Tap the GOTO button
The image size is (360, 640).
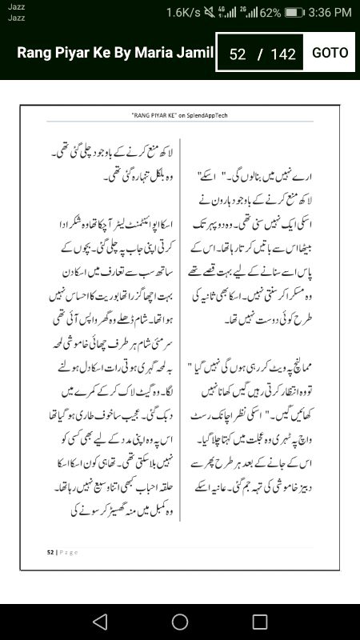pos(330,53)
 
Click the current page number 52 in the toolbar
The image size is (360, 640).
pos(237,54)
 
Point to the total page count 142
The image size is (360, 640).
pos(283,54)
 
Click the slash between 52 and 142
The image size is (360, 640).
pos(259,54)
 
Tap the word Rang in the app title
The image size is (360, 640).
pos(34,53)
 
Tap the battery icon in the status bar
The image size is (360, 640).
pos(294,12)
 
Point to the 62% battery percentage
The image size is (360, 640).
pos(270,12)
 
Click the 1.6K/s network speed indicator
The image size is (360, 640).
pos(184,12)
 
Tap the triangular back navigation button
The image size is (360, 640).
pos(99,622)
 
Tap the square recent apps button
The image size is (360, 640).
pos(260,622)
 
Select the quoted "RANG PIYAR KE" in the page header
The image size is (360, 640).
pos(154,116)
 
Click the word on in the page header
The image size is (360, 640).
pos(182,116)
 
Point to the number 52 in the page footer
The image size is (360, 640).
pos(50,551)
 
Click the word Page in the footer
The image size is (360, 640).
pos(68,551)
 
